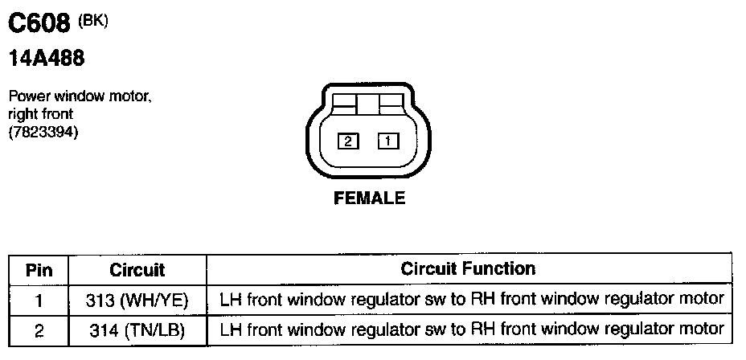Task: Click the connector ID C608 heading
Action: click(39, 26)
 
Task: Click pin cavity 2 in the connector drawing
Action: click(347, 142)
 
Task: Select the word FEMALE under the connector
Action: click(369, 198)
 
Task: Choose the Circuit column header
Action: click(137, 269)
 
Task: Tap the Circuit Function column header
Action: click(468, 268)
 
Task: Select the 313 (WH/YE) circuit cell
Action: click(137, 301)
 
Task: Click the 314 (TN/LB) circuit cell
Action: click(137, 329)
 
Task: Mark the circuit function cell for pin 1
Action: click(471, 301)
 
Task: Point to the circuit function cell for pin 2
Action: click(471, 329)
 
